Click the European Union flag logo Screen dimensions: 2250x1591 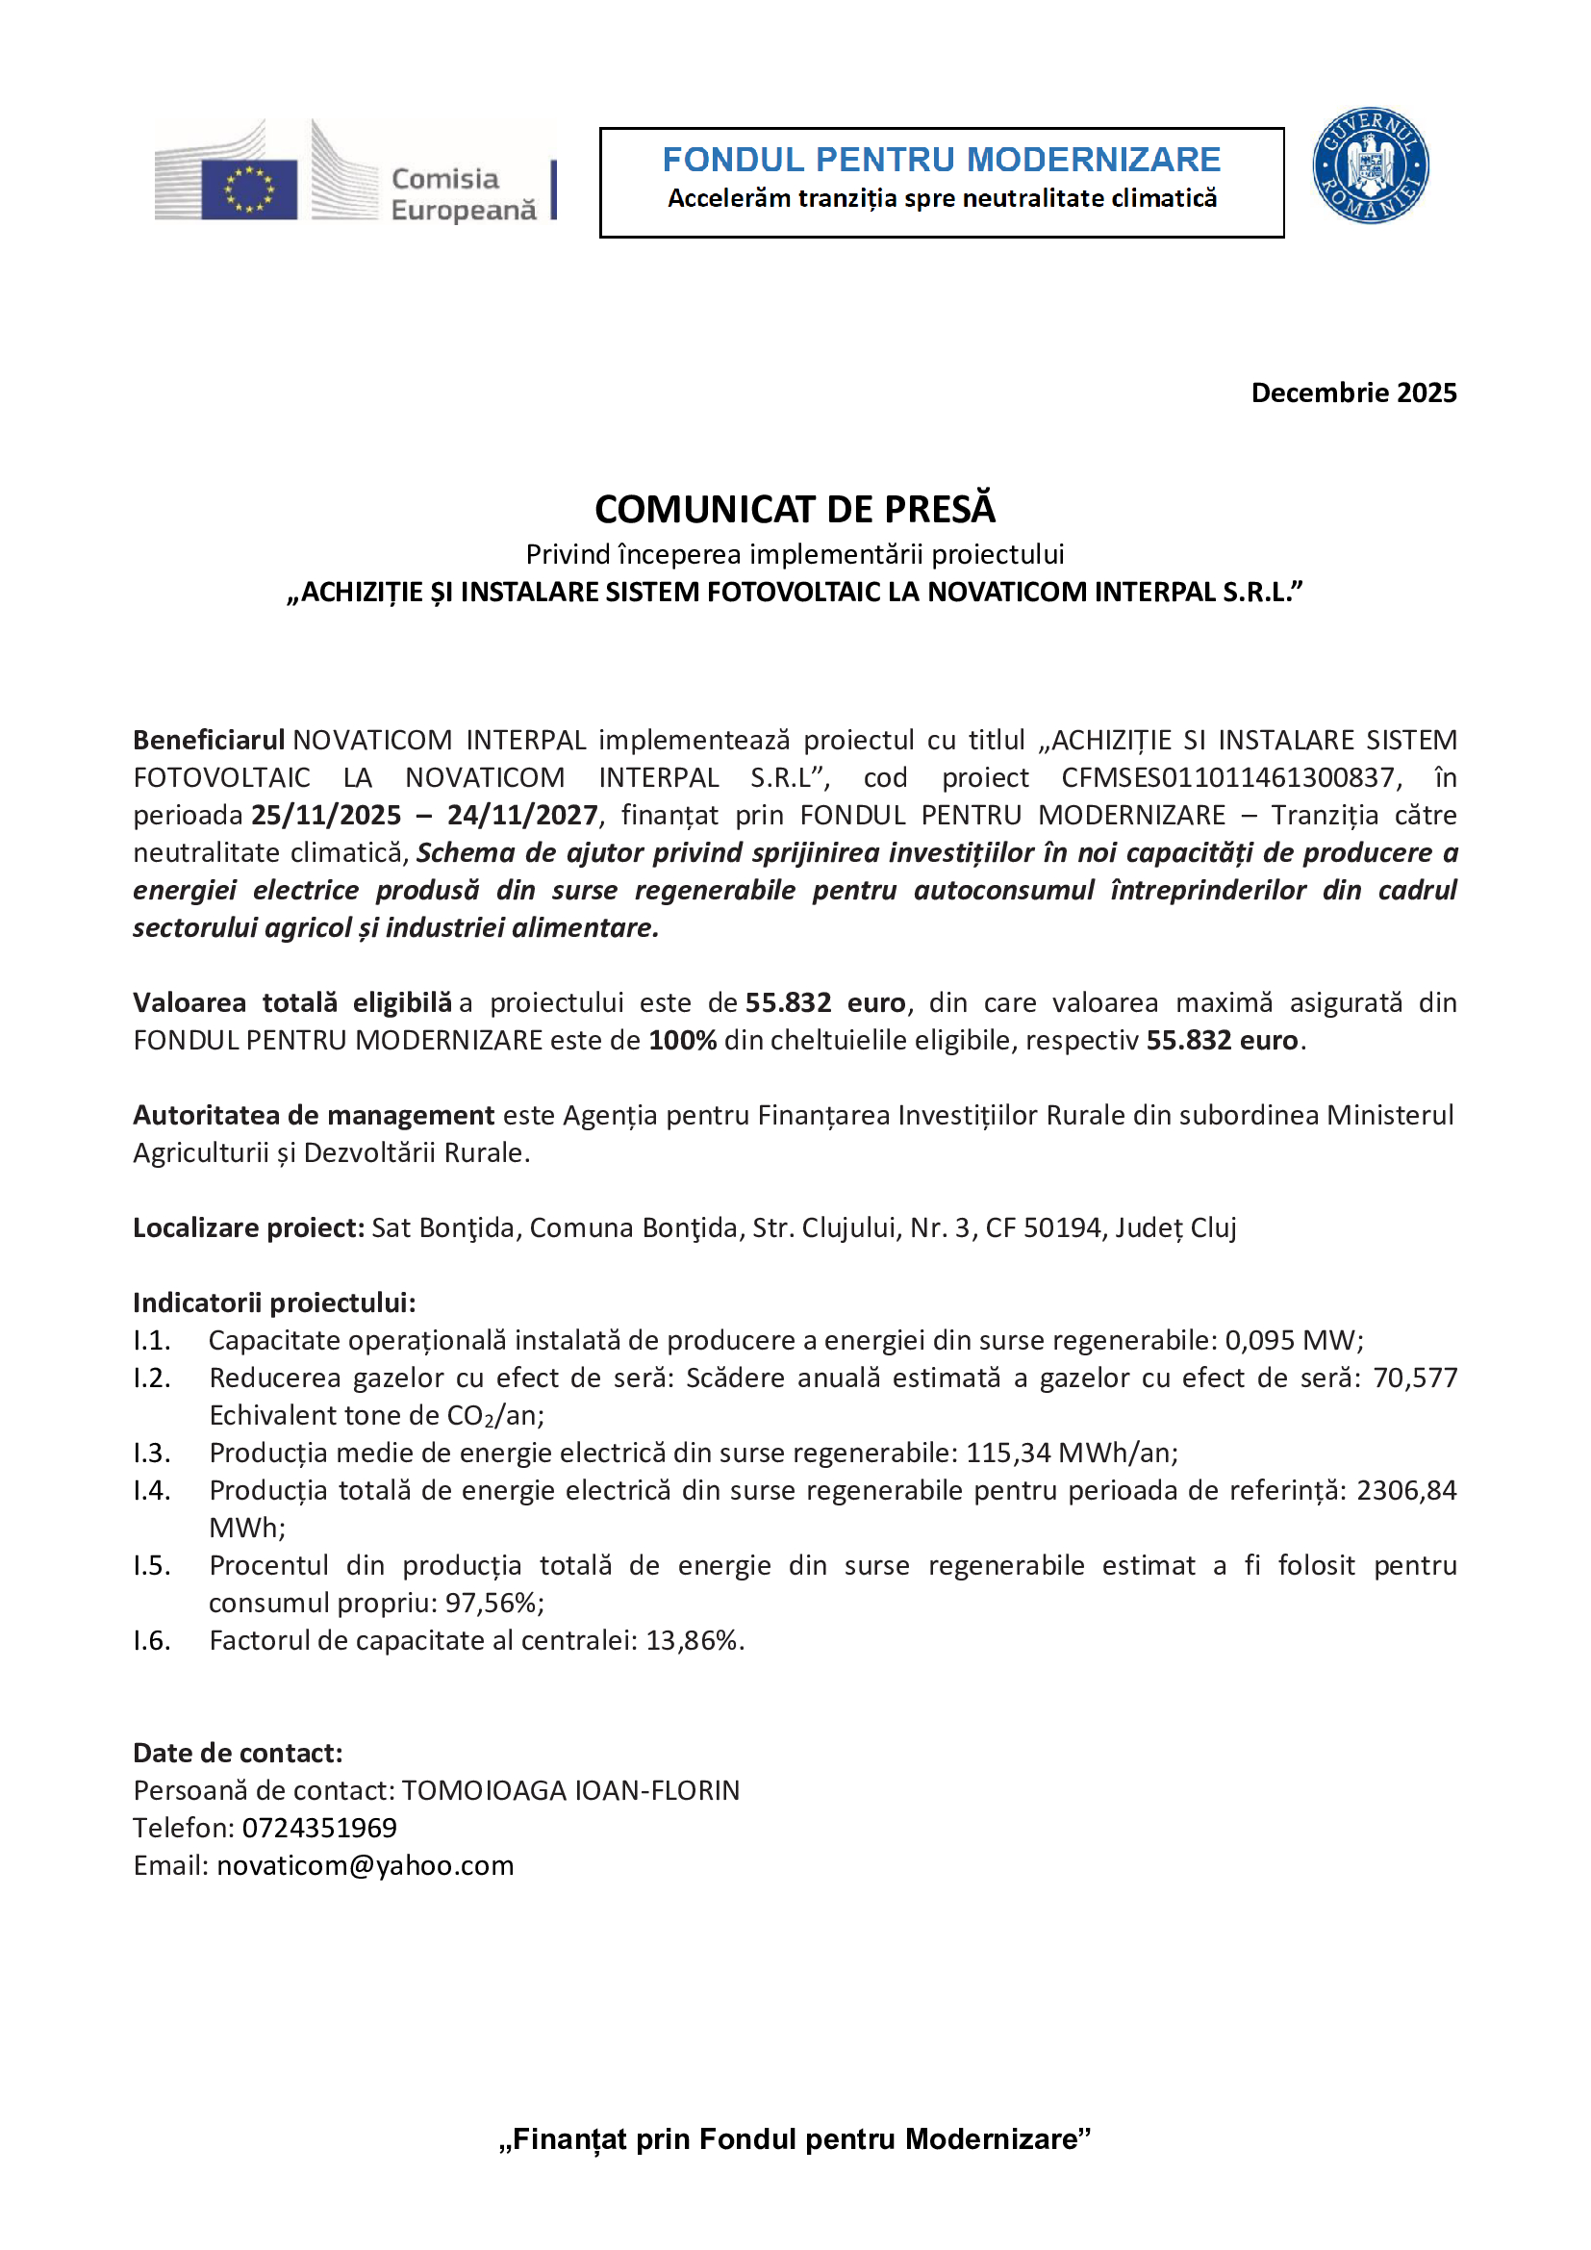click(x=249, y=189)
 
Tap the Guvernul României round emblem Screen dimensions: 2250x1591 click(x=1370, y=165)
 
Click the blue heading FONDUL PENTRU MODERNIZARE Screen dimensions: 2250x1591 click(x=941, y=160)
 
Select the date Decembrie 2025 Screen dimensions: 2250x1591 click(x=1353, y=393)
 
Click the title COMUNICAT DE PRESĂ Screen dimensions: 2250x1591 click(x=795, y=510)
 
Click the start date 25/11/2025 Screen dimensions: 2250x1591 click(x=326, y=816)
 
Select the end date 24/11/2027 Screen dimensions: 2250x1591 click(x=522, y=816)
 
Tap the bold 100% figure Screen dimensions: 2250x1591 click(x=682, y=1040)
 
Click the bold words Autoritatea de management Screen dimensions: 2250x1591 click(x=314, y=1115)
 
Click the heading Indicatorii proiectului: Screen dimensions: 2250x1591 click(x=274, y=1302)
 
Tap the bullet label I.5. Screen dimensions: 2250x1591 click(x=152, y=1565)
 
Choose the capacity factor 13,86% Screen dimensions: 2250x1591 click(x=692, y=1640)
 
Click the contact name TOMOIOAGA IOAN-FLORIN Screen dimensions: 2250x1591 click(x=570, y=1790)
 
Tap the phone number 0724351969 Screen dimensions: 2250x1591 click(x=319, y=1828)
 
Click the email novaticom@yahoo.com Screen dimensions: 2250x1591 click(x=365, y=1865)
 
